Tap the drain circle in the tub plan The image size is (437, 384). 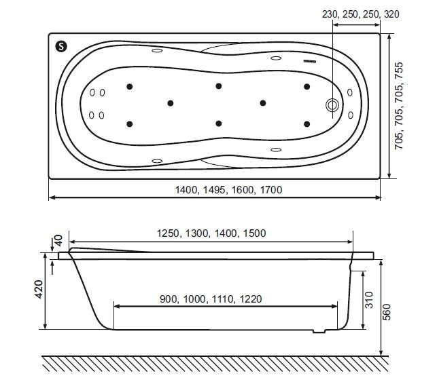(x=332, y=105)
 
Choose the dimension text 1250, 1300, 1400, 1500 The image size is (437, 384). (x=211, y=233)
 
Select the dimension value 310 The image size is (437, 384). (x=371, y=299)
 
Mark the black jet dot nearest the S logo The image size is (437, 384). (x=128, y=86)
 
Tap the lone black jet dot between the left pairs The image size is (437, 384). (x=170, y=103)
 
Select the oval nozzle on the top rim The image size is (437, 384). (x=157, y=50)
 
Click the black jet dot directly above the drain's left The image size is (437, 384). (x=307, y=86)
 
